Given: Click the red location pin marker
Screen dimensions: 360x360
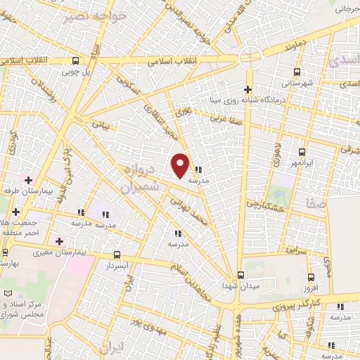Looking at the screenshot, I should tap(181, 165).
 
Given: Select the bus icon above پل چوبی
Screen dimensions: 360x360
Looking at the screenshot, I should tap(76, 60).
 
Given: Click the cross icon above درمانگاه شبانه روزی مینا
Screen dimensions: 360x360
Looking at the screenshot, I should tap(247, 89).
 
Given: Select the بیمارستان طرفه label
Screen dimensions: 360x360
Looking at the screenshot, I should tap(29, 191).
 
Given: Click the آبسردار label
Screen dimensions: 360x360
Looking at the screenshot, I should tap(115, 267).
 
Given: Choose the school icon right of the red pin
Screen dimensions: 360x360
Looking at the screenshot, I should tap(198, 169).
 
